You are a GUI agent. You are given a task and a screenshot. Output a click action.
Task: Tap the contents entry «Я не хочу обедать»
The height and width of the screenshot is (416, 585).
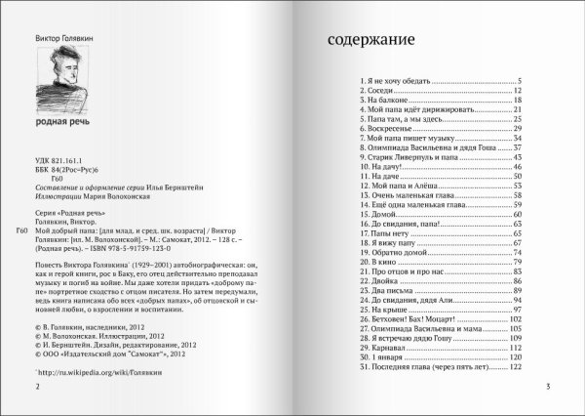pyautogui.click(x=409, y=80)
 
